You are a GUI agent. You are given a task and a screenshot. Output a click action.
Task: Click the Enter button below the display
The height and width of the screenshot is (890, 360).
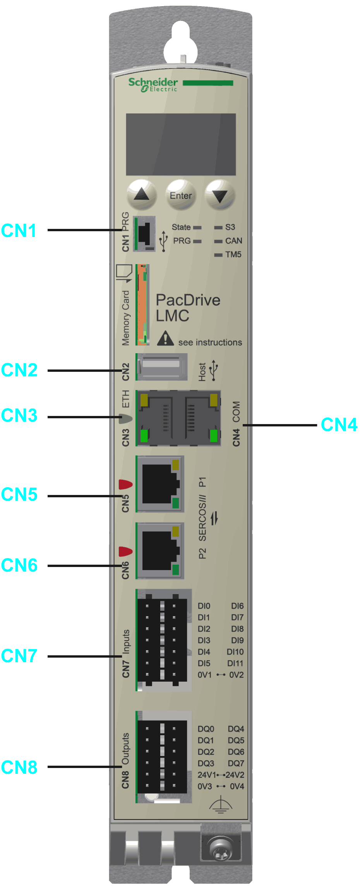coord(181,195)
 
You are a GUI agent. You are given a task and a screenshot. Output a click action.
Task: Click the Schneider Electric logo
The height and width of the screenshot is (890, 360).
coord(153,84)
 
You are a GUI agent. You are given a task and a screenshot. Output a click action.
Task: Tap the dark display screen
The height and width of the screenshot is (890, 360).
coord(181,144)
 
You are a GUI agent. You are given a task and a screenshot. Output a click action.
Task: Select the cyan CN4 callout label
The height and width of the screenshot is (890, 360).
coord(339,425)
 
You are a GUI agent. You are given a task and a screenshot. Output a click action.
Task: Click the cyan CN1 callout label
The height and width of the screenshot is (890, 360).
coord(19,230)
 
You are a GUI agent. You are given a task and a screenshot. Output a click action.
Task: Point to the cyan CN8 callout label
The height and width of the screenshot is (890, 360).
coord(19,767)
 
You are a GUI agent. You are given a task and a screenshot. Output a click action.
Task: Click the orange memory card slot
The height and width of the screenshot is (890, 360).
coord(142,305)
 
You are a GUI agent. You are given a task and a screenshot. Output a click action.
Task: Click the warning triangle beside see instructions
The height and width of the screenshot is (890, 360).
coord(165,338)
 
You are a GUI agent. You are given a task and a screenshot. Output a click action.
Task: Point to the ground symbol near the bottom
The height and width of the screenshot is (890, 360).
coord(220,805)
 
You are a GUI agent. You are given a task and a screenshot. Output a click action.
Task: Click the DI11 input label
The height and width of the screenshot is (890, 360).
coord(235,663)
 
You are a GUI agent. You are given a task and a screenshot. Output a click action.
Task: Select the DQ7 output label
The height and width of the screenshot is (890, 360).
coord(236,763)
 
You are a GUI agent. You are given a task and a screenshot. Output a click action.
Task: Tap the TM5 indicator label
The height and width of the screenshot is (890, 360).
coord(233,254)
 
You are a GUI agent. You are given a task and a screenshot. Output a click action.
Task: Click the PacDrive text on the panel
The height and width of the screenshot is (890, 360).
coord(188,300)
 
